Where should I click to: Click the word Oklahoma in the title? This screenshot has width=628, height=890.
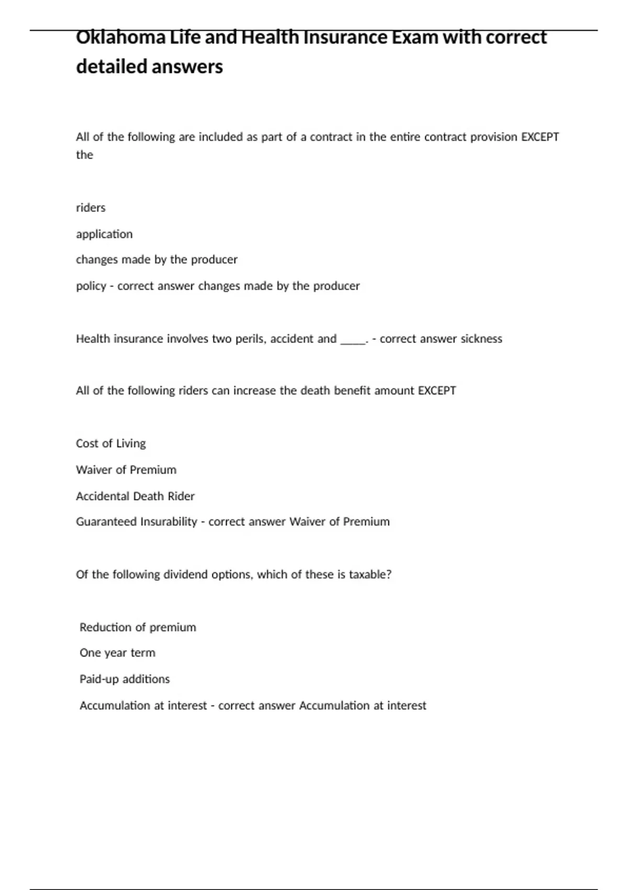click(120, 38)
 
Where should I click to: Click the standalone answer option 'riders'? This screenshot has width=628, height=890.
click(91, 208)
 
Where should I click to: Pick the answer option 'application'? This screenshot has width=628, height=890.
click(104, 234)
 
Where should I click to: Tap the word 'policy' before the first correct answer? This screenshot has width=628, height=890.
click(91, 286)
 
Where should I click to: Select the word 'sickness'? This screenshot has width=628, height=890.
click(481, 339)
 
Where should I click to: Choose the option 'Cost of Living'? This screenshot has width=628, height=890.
click(111, 443)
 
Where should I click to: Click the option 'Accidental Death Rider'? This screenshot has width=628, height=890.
click(135, 496)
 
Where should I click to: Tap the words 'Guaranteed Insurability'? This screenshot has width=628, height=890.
click(137, 522)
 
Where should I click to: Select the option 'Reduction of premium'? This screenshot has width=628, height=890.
click(138, 627)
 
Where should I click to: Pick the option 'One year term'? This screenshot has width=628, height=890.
click(117, 653)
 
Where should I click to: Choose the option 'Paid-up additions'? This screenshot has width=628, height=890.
click(125, 679)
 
